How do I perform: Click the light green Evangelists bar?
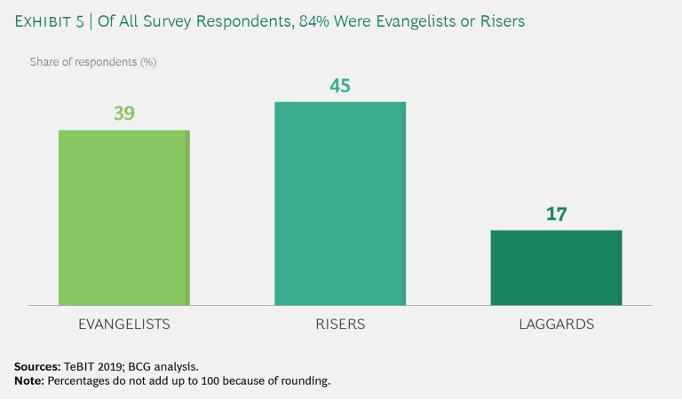[x=124, y=217]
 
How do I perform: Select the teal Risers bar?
[x=340, y=203]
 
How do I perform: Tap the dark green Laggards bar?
[x=556, y=267]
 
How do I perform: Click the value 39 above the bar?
[x=124, y=114]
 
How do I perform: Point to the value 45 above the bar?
[x=340, y=85]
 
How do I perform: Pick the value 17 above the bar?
[x=556, y=214]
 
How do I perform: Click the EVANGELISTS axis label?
[x=124, y=325]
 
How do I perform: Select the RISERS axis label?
[x=340, y=325]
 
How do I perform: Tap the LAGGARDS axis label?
[x=556, y=325]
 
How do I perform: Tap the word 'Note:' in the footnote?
[x=29, y=380]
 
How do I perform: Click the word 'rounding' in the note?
[x=306, y=380]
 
